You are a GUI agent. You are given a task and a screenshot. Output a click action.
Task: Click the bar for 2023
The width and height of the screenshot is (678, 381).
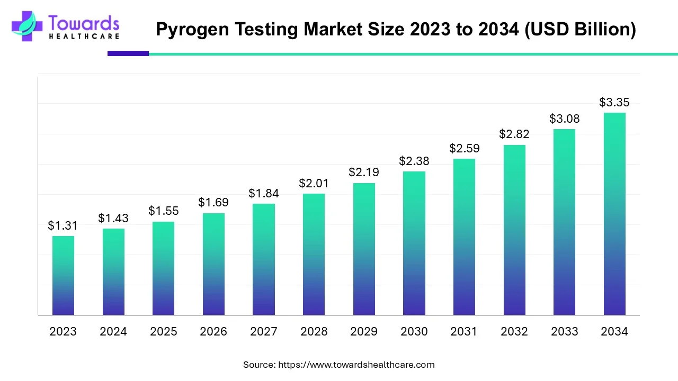63,275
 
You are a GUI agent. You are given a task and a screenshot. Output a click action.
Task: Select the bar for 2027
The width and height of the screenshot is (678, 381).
264,259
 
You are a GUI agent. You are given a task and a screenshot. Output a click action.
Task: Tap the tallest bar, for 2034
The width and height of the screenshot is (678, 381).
614,214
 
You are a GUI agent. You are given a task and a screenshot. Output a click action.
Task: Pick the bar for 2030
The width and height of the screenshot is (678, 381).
414,243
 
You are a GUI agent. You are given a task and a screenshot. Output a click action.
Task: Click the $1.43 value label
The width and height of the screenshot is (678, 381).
113,218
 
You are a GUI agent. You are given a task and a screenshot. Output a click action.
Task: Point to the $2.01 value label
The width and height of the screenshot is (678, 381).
314,183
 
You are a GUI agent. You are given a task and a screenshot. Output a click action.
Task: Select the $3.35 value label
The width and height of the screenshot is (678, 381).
614,102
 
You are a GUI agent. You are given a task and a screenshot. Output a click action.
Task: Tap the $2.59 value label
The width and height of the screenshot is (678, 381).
464,149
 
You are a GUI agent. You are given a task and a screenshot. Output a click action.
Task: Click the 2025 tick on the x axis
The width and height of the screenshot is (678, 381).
164,332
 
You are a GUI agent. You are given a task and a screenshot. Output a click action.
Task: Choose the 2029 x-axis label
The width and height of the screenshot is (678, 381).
364,332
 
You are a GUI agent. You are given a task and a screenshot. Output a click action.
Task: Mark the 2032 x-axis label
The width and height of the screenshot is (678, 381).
514,332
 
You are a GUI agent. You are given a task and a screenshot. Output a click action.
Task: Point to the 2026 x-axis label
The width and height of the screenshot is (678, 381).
213,332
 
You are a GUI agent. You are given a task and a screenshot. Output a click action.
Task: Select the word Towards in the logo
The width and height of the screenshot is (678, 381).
84,23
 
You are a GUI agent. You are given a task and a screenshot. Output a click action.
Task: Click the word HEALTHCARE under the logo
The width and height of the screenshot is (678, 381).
84,37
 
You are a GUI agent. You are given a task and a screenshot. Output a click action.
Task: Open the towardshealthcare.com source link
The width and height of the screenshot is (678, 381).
356,365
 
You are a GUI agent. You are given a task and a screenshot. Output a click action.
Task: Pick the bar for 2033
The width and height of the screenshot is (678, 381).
564,222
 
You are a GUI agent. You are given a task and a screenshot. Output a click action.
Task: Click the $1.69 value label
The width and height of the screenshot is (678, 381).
213,202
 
